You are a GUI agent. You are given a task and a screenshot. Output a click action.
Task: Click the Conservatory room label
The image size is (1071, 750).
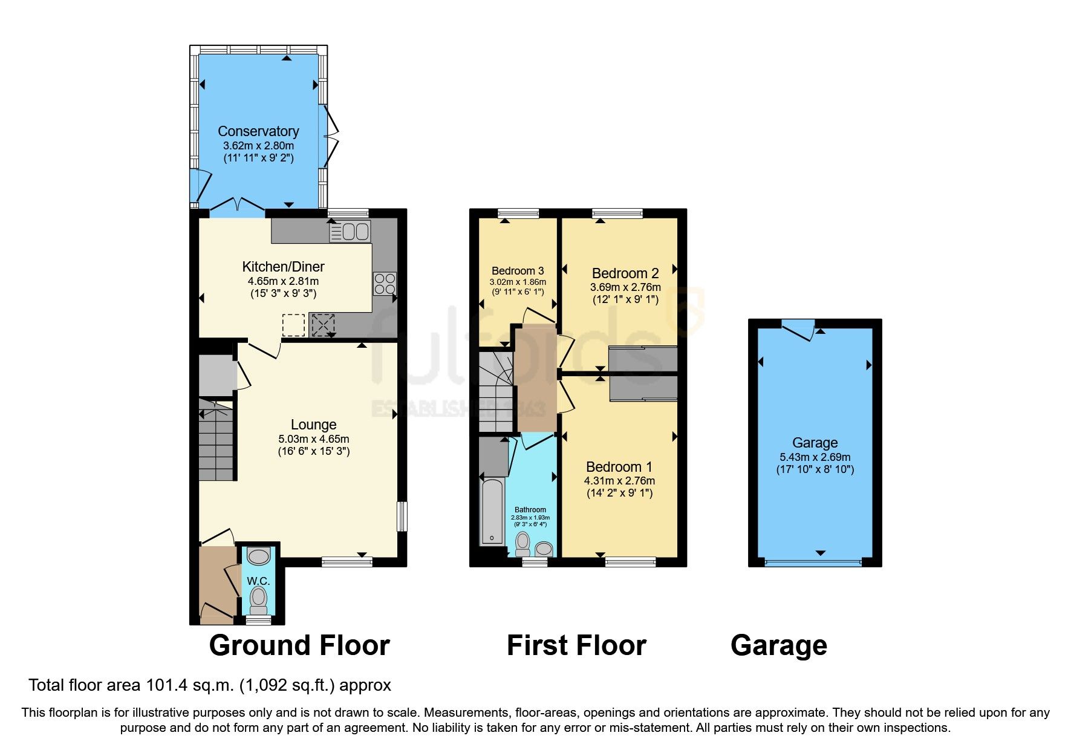(258, 131)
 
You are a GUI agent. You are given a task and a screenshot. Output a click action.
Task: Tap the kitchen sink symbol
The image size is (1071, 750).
(350, 232)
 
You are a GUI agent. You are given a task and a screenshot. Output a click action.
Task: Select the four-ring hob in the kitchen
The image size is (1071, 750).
(385, 284)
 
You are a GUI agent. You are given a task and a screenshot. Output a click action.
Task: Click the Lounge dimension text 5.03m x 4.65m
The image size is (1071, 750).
(313, 439)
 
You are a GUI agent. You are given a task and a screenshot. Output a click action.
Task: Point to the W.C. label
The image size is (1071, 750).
(258, 581)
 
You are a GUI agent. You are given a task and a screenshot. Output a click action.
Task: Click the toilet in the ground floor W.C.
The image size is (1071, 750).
(259, 599)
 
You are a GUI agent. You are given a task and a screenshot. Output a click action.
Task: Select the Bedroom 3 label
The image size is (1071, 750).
(518, 271)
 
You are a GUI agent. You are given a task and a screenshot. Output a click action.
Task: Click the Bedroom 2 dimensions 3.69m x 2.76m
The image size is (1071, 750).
(625, 287)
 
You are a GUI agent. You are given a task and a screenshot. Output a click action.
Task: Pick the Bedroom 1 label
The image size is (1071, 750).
(619, 467)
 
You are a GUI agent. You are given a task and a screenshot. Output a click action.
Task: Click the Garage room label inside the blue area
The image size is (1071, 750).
(815, 443)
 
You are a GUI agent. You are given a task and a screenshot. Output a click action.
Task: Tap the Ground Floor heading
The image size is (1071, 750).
(299, 645)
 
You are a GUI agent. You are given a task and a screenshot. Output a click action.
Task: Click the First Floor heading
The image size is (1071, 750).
(576, 645)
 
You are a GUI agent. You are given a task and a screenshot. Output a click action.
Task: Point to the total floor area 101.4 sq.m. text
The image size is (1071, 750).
(209, 685)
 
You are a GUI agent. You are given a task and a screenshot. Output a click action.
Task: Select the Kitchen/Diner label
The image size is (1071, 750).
(283, 267)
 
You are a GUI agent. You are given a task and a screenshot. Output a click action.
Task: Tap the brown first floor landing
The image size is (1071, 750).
(535, 378)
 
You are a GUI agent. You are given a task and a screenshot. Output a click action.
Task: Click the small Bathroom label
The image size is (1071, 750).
(530, 510)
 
